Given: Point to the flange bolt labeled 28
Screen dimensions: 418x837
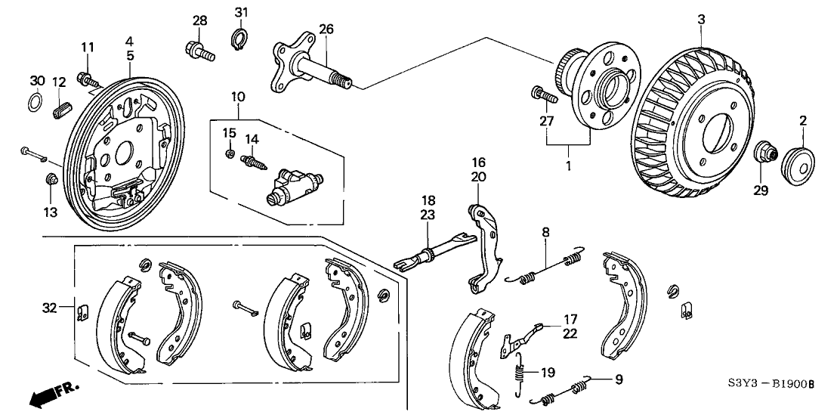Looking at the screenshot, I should click(199, 51).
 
